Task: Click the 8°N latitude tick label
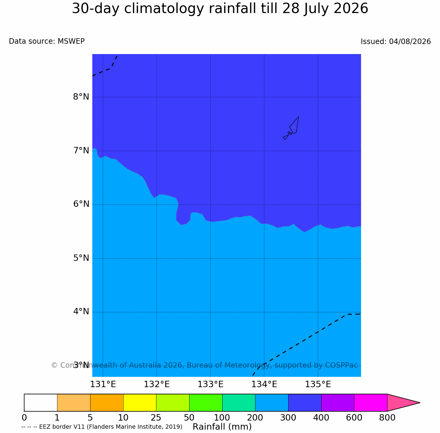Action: pyautogui.click(x=81, y=97)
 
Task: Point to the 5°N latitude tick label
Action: pyautogui.click(x=81, y=258)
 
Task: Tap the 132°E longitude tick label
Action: pyautogui.click(x=157, y=384)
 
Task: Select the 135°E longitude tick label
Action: pyautogui.click(x=318, y=384)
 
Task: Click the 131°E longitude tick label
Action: pyautogui.click(x=103, y=384)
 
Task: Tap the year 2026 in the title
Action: pyautogui.click(x=351, y=9)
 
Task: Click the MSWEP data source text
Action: pyautogui.click(x=71, y=41)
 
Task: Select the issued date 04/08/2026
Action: pyautogui.click(x=410, y=41)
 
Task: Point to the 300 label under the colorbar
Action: pyautogui.click(x=288, y=418)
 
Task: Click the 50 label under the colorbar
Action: pyautogui.click(x=189, y=418)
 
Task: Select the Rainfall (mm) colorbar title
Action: pyautogui.click(x=222, y=427)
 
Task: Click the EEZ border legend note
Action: pyautogui.click(x=102, y=427)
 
